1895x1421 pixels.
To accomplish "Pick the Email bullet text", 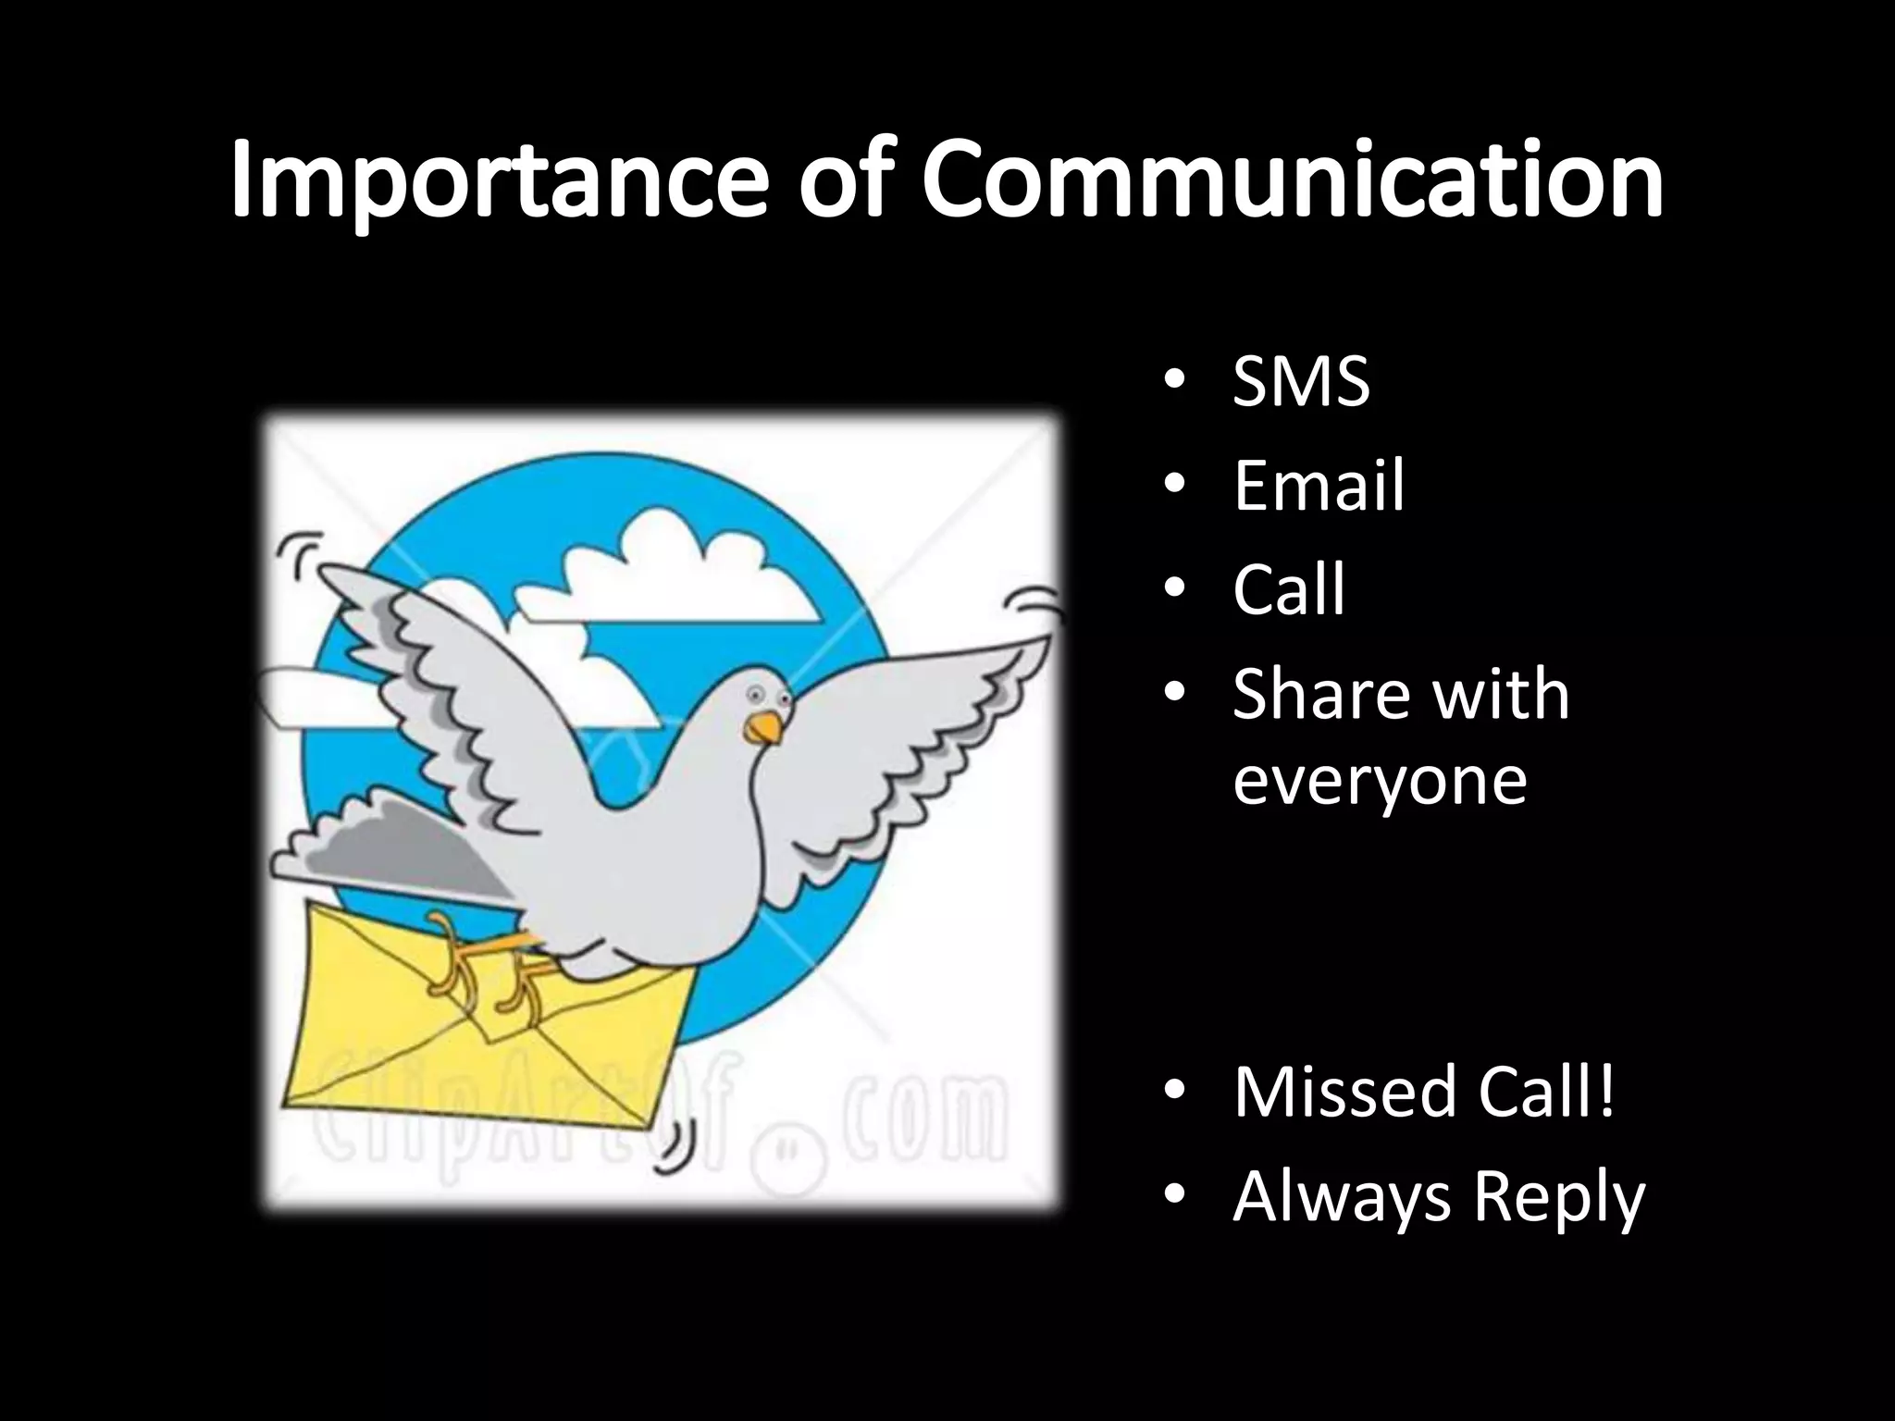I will pyautogui.click(x=1319, y=485).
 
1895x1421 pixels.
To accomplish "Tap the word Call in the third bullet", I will pyautogui.click(x=1288, y=588).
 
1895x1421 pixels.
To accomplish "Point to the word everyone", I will pyautogui.click(x=1379, y=780).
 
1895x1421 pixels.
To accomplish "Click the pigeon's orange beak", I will pyautogui.click(x=764, y=728).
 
